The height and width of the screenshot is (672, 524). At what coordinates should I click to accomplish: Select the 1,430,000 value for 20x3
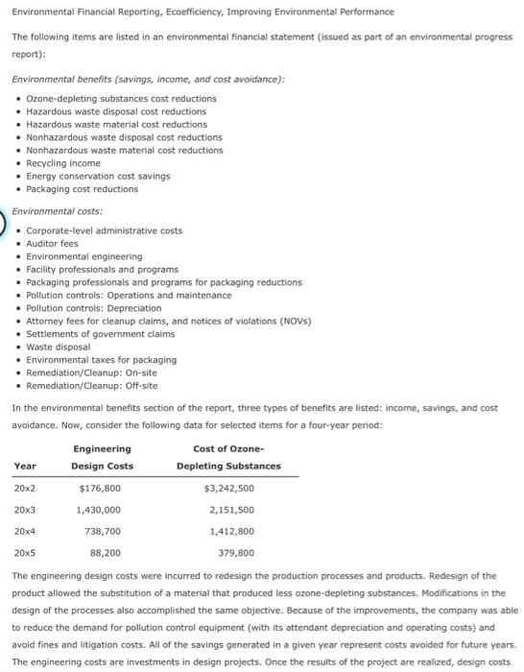99,509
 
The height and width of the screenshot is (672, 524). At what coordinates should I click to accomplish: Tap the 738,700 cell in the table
103,531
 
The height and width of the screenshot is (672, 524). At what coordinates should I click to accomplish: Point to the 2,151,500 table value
231,509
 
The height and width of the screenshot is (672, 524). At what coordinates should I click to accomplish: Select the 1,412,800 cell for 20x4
231,531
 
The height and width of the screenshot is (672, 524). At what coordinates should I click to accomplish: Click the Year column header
25,466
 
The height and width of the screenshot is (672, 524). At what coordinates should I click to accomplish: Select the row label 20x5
25,553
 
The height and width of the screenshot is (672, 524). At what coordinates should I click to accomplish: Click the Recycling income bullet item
63,163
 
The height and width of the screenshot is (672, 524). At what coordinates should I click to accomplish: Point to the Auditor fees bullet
52,244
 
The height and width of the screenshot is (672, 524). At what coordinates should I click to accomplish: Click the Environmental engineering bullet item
83,256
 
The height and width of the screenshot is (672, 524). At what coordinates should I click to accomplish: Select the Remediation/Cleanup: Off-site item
91,386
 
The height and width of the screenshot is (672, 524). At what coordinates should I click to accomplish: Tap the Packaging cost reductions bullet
82,189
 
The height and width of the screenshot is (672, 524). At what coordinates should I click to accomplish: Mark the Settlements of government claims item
101,334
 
